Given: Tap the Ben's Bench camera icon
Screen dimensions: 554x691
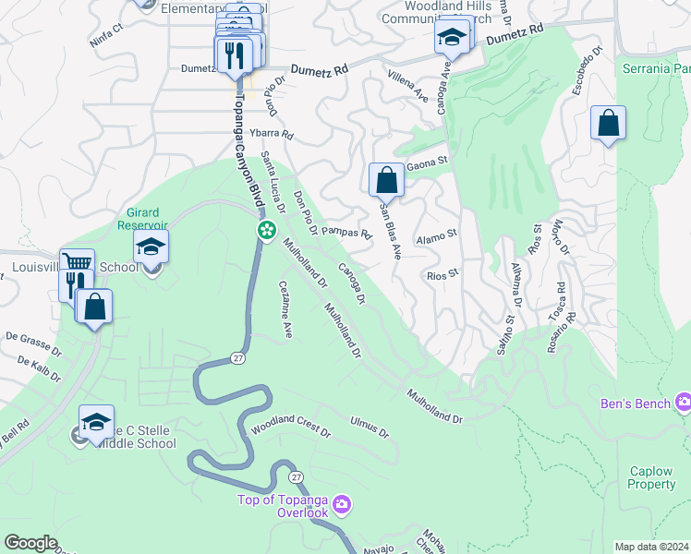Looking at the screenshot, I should point(683,402).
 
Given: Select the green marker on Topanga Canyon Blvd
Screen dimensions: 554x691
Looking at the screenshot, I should point(266,230).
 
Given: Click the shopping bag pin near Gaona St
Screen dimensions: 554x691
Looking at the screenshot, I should point(386,180).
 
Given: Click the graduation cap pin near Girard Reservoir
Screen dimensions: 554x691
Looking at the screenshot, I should point(151,247).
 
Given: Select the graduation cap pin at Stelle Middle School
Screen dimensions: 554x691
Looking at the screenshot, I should point(96,423).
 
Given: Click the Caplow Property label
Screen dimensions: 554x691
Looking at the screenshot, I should point(652,477).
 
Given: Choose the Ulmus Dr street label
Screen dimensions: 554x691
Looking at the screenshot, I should point(370,427).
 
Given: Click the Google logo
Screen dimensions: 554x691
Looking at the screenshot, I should point(30,543).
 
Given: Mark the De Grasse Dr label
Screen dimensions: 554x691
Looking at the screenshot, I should point(32,344).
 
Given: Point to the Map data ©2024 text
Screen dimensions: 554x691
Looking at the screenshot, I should point(651,547).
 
